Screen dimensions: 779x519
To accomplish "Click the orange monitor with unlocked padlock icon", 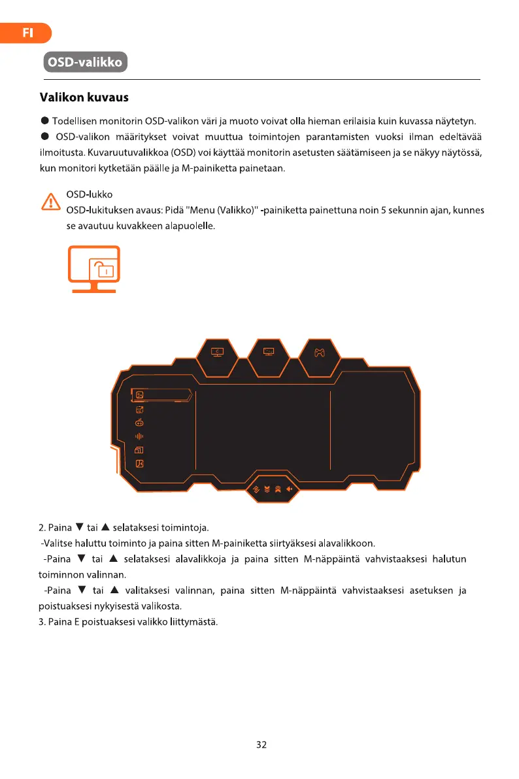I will click(x=95, y=269).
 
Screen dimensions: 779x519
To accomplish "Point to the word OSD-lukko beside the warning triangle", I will click(x=90, y=195).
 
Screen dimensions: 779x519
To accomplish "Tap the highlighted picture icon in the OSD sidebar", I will click(x=139, y=394).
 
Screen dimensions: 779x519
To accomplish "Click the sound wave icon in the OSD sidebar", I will click(x=139, y=436).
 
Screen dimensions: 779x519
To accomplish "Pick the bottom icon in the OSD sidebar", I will click(x=139, y=464).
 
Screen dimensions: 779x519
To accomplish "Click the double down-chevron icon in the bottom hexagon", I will click(x=267, y=489).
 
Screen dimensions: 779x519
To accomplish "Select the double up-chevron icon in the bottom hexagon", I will click(x=278, y=489).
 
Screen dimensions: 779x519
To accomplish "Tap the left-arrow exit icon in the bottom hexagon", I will click(x=289, y=489).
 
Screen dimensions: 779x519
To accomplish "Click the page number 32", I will click(x=261, y=744).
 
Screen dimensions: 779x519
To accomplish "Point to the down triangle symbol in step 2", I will click(x=79, y=527).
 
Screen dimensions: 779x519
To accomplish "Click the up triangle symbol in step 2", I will click(x=105, y=527).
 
